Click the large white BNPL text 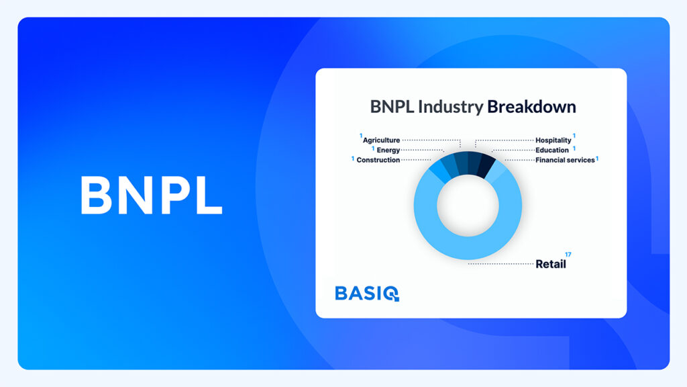pos(151,196)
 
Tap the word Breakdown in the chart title pos(531,107)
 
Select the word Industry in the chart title pos(450,107)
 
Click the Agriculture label pos(381,140)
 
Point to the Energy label pos(388,150)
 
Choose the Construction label pos(378,160)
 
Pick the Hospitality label pos(553,140)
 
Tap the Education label pos(552,150)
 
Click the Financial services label pos(565,160)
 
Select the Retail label pos(551,264)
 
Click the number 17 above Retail pos(568,255)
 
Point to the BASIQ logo pos(367,294)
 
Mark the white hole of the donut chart pos(468,206)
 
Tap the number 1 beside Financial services pos(597,159)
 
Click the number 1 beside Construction pos(353,159)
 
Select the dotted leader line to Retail pos(500,263)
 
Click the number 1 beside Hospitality pos(574,136)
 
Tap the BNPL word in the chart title pos(392,107)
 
